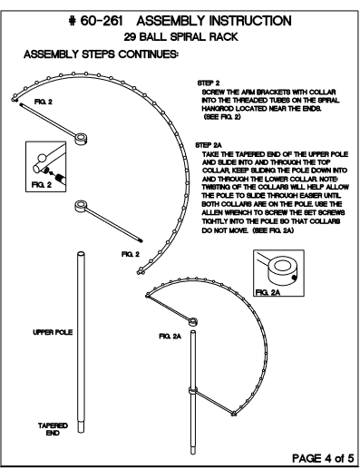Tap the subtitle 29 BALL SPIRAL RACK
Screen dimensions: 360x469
(180, 37)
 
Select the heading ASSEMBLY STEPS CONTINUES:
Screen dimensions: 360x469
(101, 54)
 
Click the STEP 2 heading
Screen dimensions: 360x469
(209, 83)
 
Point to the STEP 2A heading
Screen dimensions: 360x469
(209, 145)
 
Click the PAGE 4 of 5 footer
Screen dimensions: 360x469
(323, 458)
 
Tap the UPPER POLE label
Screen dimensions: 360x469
(53, 332)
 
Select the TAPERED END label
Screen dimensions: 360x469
(53, 429)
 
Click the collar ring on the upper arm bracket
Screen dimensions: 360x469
(81, 139)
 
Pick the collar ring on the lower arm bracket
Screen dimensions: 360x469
(82, 206)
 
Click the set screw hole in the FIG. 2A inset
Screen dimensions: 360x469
(293, 278)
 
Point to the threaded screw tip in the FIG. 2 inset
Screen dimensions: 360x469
(61, 179)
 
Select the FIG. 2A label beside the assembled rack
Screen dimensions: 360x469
(170, 337)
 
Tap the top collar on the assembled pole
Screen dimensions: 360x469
(193, 322)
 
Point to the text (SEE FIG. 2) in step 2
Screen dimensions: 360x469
(223, 117)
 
